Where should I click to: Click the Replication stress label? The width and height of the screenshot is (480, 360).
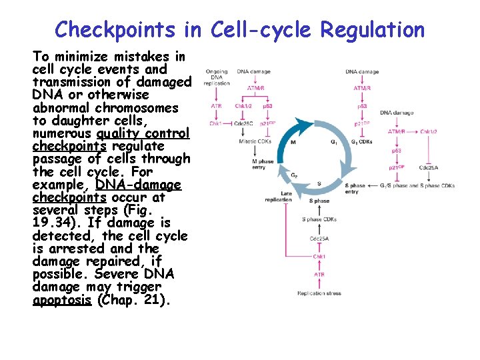[319, 293]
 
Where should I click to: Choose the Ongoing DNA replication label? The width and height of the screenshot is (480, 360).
[217, 77]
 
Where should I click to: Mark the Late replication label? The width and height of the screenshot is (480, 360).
[278, 196]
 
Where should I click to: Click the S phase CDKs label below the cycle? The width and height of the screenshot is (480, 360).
[319, 219]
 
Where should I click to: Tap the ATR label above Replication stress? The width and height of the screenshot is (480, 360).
[319, 274]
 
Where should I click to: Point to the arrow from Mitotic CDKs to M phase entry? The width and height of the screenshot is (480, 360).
[253, 151]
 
